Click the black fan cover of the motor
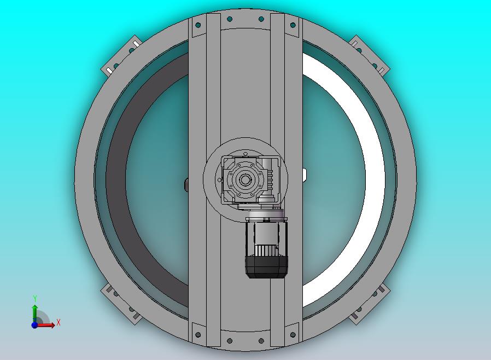266,266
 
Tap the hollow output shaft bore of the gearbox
245,180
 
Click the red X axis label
59,322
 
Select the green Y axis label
35,298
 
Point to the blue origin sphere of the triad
34,325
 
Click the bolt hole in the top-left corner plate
198,25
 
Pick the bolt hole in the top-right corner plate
293,25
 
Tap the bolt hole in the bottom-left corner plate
198,335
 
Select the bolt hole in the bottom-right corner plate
293,335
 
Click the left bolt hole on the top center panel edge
230,20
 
